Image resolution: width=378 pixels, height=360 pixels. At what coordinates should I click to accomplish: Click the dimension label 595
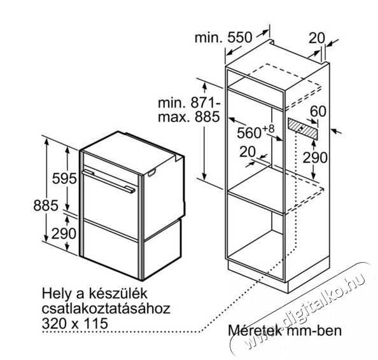click(x=64, y=179)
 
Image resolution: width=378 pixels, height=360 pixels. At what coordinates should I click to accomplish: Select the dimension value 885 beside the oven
click(x=46, y=205)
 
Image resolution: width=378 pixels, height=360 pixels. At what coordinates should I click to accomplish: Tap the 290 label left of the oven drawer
click(x=64, y=233)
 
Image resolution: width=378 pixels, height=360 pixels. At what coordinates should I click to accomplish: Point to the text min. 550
click(x=223, y=38)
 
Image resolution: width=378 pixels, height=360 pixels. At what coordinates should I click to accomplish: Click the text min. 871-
click(x=189, y=102)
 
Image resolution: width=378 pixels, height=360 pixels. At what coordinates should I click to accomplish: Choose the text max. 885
click(x=189, y=117)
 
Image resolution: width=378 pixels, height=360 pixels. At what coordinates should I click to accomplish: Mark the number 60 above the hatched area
click(x=318, y=111)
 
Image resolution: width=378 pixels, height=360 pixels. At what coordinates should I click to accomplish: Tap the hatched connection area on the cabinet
click(x=303, y=128)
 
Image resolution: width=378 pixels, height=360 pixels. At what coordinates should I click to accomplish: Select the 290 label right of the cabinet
click(x=315, y=157)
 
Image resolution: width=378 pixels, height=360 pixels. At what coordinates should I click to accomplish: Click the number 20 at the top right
click(x=317, y=38)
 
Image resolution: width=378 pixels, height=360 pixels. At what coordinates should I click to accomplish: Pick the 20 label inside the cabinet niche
click(x=248, y=151)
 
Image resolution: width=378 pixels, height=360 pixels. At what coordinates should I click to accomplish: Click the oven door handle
click(x=109, y=181)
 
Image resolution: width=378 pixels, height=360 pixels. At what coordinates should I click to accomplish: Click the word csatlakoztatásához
click(x=106, y=308)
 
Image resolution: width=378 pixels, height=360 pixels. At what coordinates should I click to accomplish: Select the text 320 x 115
click(x=75, y=323)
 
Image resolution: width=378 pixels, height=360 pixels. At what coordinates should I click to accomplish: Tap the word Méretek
click(x=255, y=330)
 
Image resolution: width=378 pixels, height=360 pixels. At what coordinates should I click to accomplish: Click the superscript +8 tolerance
click(x=269, y=129)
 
